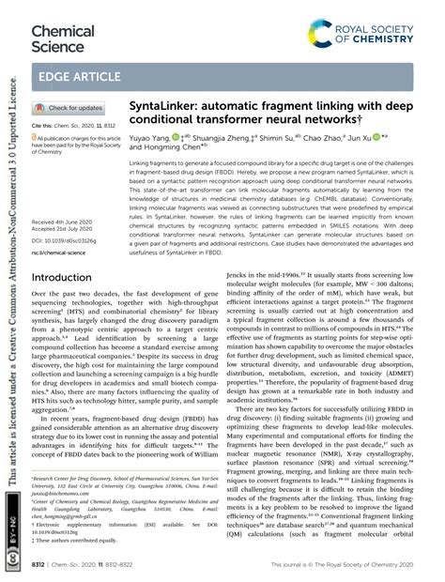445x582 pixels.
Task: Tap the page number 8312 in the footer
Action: (42, 568)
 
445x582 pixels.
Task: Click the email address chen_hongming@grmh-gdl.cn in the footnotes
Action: (74, 515)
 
